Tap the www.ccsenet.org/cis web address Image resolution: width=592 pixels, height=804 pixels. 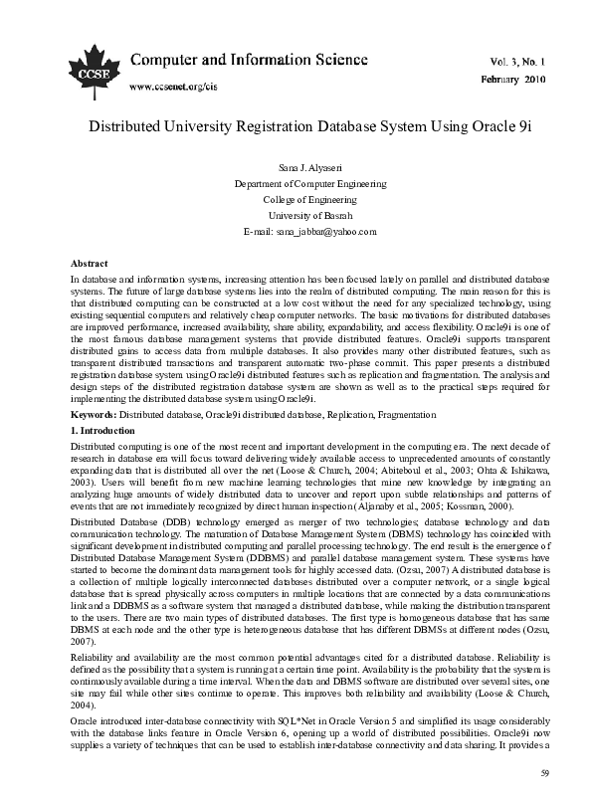coord(173,86)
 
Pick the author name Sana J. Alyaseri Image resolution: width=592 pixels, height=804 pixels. coord(296,169)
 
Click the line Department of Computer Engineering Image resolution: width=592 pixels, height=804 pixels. coord(296,184)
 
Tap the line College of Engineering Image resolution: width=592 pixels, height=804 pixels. coord(296,200)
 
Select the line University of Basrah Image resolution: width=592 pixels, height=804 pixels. coord(296,215)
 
